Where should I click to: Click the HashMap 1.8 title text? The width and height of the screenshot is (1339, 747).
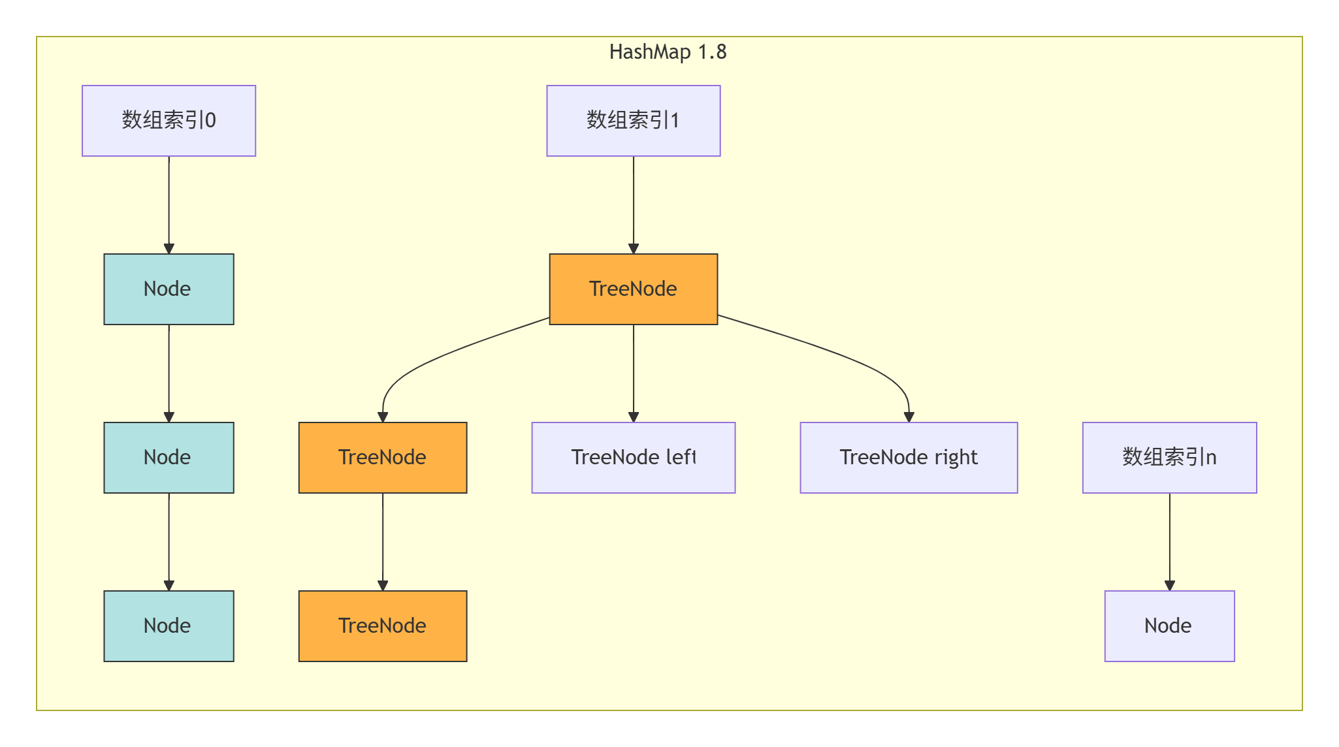point(668,52)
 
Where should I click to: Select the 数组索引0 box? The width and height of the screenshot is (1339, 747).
point(169,121)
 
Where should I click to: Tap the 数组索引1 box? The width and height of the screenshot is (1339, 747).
point(633,121)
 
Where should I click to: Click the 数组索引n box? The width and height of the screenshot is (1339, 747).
point(1169,457)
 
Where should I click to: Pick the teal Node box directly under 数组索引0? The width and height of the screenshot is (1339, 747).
point(169,289)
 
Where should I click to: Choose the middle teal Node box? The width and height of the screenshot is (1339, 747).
point(169,457)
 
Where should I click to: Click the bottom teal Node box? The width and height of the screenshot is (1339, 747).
point(169,626)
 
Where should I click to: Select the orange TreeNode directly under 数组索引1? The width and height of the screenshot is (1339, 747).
point(633,289)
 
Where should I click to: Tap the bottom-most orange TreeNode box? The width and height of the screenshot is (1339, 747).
point(383,626)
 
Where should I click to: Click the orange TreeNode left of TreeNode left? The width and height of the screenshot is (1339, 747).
point(383,457)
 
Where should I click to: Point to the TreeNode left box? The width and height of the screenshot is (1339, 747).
point(633,457)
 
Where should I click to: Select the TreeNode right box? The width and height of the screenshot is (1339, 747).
point(909,457)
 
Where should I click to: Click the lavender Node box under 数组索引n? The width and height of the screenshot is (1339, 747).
point(1169,626)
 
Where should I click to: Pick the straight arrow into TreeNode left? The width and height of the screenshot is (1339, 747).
point(634,372)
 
